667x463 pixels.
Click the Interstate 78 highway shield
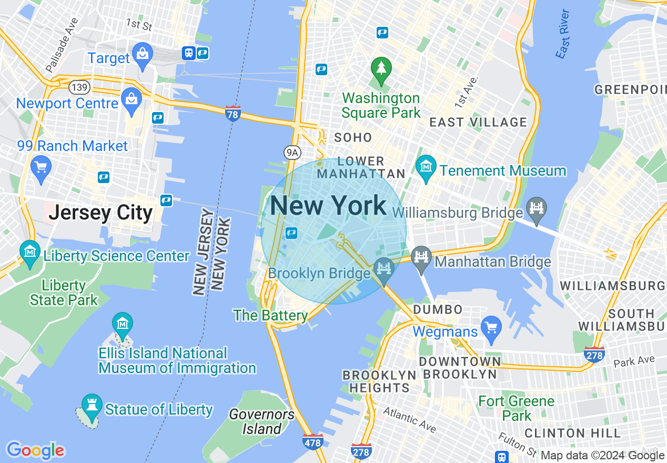point(233,113)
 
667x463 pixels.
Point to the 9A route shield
point(292,153)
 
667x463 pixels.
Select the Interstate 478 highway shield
point(313,441)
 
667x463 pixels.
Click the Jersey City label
point(100,213)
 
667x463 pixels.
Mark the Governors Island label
point(261,421)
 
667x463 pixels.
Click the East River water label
point(562,34)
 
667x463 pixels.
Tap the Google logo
point(35,450)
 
